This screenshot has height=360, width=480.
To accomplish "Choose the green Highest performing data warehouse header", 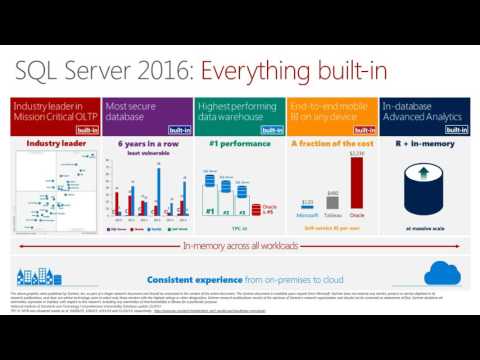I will [x=229, y=111].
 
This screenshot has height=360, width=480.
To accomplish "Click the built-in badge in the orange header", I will [x=365, y=130].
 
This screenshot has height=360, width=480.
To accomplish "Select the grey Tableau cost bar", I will [x=332, y=199].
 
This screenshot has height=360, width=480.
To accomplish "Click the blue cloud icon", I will [x=440, y=272].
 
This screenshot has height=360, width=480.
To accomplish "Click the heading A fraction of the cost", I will [x=331, y=145].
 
